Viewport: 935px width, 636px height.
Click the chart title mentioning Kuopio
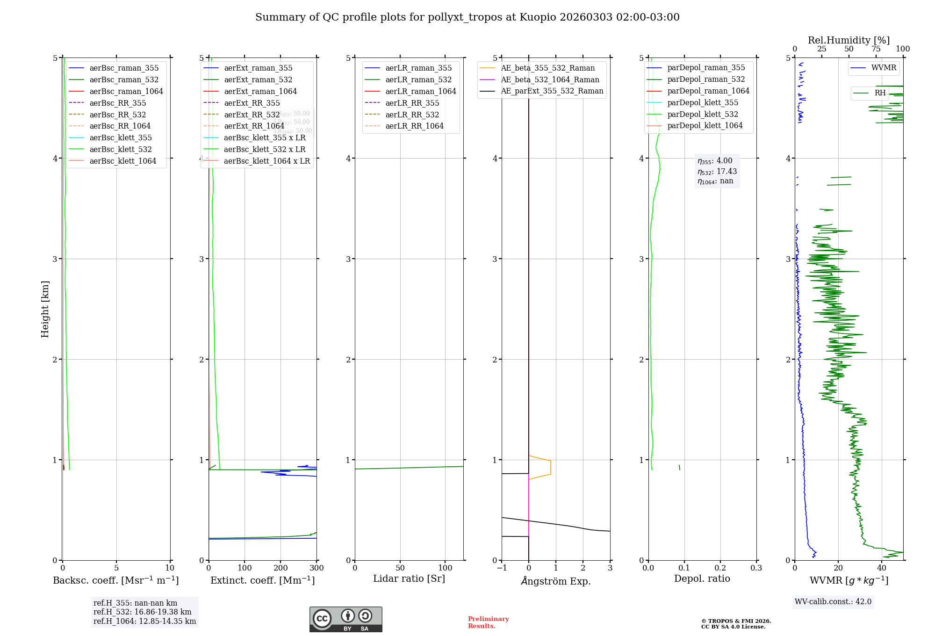(x=467, y=17)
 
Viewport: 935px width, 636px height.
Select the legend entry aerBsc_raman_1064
(x=126, y=91)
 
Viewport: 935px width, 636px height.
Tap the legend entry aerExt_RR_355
(x=252, y=103)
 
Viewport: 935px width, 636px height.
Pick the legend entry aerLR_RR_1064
(x=414, y=126)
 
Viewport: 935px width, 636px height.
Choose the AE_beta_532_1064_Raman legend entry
(x=550, y=79)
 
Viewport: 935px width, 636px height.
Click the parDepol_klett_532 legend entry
(x=702, y=114)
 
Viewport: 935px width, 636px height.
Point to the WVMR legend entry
(x=884, y=68)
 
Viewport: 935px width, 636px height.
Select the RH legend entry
(x=880, y=93)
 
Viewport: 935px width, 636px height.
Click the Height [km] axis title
(x=45, y=309)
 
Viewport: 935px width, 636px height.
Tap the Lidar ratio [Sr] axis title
(x=409, y=578)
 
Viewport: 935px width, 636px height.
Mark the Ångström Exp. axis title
(x=556, y=581)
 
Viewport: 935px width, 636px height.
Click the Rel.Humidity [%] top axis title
(x=849, y=40)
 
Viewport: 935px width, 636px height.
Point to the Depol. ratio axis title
(x=702, y=578)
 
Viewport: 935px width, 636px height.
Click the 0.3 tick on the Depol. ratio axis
(x=756, y=568)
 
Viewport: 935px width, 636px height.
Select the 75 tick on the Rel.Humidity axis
(x=876, y=49)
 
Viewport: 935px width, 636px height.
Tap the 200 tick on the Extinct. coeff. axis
(x=280, y=568)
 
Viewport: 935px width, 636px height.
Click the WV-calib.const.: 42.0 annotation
(x=833, y=601)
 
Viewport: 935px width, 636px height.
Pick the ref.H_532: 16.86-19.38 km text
(x=142, y=612)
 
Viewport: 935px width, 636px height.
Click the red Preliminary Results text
(x=488, y=622)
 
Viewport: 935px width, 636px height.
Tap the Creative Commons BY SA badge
(x=345, y=619)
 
